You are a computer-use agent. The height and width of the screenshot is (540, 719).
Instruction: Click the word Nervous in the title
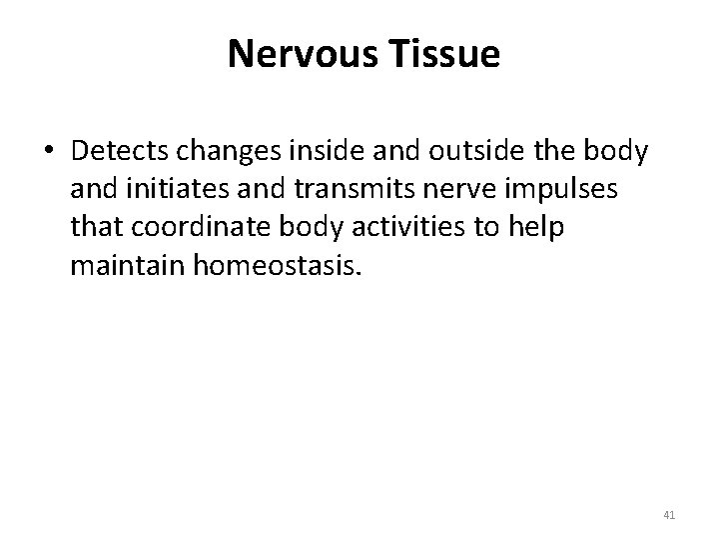301,56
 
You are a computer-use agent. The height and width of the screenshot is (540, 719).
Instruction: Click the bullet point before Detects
49,151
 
